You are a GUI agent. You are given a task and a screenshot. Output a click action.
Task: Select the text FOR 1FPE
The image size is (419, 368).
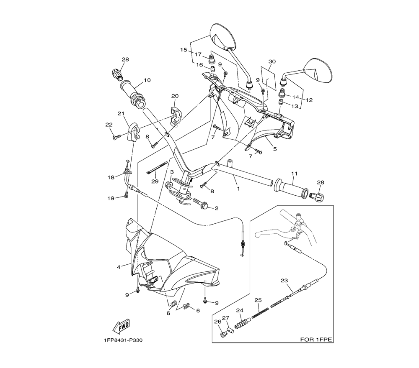point(316,340)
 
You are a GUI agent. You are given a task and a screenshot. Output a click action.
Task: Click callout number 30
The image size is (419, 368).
point(272,61)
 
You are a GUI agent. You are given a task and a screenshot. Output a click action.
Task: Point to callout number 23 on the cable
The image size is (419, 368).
point(284,281)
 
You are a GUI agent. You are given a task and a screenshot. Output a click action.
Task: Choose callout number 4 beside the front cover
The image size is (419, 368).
point(119,266)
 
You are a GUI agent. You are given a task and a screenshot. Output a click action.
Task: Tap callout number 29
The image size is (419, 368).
point(155,181)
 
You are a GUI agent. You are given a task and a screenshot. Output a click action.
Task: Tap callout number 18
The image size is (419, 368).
point(111,177)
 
